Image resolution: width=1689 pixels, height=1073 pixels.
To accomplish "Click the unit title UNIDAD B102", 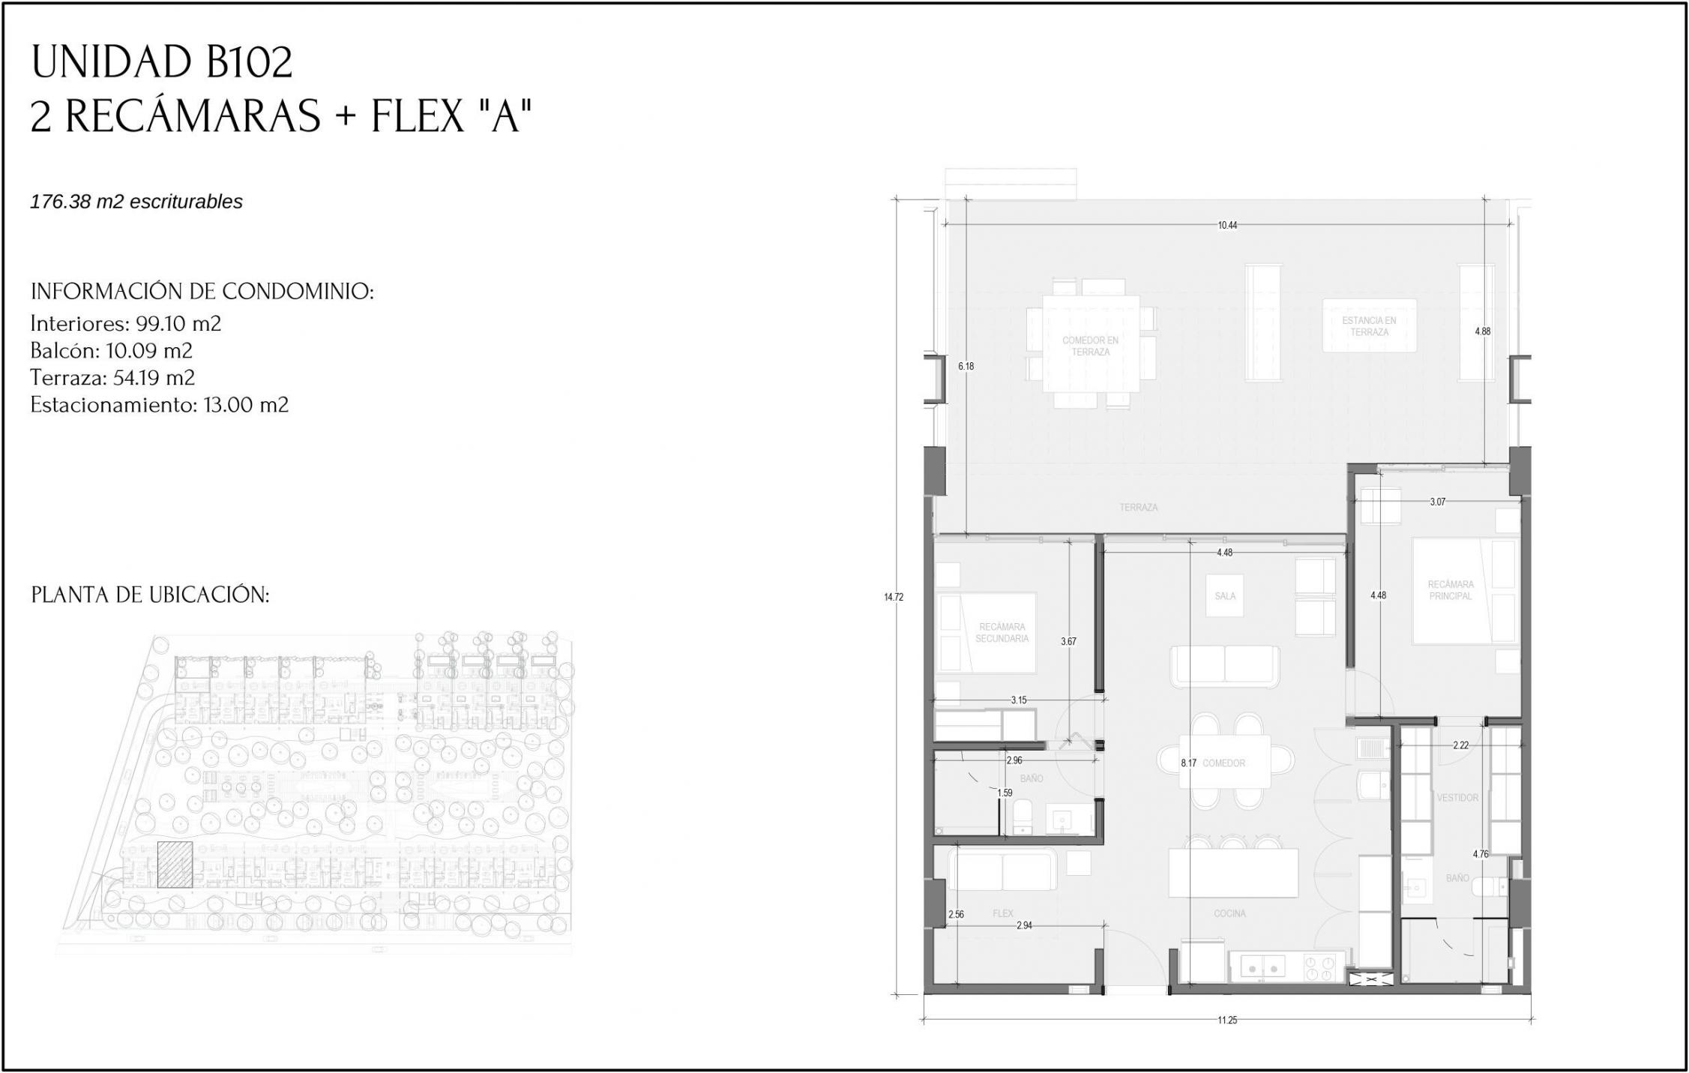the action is point(161,62).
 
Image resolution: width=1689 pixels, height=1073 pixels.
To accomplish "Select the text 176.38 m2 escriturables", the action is point(136,202).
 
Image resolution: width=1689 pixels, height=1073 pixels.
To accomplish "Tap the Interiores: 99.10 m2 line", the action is point(126,324).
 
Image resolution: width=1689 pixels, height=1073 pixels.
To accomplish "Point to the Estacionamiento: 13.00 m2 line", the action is point(159,405).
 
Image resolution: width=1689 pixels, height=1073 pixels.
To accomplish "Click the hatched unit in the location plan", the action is point(175,864).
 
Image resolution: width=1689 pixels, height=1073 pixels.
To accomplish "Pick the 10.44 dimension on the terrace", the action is point(1227,225).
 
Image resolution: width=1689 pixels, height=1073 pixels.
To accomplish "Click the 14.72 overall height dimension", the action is point(894,597).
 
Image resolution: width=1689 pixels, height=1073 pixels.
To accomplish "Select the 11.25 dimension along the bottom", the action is point(1227,1020).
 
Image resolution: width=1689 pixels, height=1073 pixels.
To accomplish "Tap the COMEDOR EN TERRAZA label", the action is point(1090,346).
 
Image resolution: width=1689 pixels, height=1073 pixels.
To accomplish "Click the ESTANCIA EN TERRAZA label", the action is point(1369,326).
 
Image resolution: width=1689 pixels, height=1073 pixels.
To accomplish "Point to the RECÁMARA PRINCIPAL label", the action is point(1451,590).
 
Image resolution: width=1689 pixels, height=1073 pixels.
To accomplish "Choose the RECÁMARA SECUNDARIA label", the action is point(1002,633).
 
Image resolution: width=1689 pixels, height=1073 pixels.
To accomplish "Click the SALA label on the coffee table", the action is point(1225,596).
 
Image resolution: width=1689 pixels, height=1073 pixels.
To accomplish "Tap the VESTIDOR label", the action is point(1457,798).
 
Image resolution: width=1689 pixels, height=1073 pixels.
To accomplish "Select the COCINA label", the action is point(1229,913).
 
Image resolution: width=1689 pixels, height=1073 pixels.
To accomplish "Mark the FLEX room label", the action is point(1002,913).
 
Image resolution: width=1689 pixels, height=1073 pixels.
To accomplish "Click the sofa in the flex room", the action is point(1002,870).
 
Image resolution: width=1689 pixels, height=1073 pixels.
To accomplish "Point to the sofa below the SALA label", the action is point(1225,666).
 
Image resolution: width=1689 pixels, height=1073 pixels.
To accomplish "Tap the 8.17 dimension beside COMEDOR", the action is point(1188,763).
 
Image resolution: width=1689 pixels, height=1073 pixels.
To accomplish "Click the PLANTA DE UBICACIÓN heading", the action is point(150,595).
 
